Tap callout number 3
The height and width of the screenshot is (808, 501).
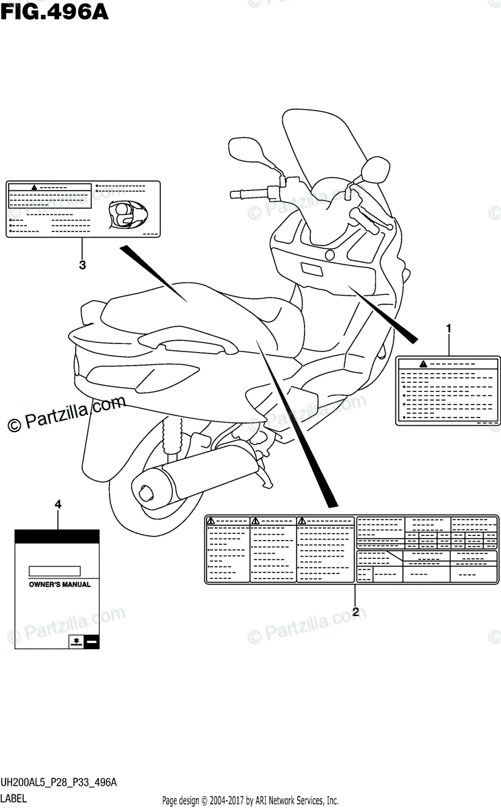point(82,265)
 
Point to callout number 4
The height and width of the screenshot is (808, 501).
point(58,504)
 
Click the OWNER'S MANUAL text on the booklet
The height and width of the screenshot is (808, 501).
point(59,584)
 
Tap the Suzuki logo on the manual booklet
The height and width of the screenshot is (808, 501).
point(77,642)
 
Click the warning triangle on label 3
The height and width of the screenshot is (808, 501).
point(34,186)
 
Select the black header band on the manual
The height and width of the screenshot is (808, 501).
point(58,536)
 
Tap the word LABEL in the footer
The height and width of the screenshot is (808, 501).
point(14,799)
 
